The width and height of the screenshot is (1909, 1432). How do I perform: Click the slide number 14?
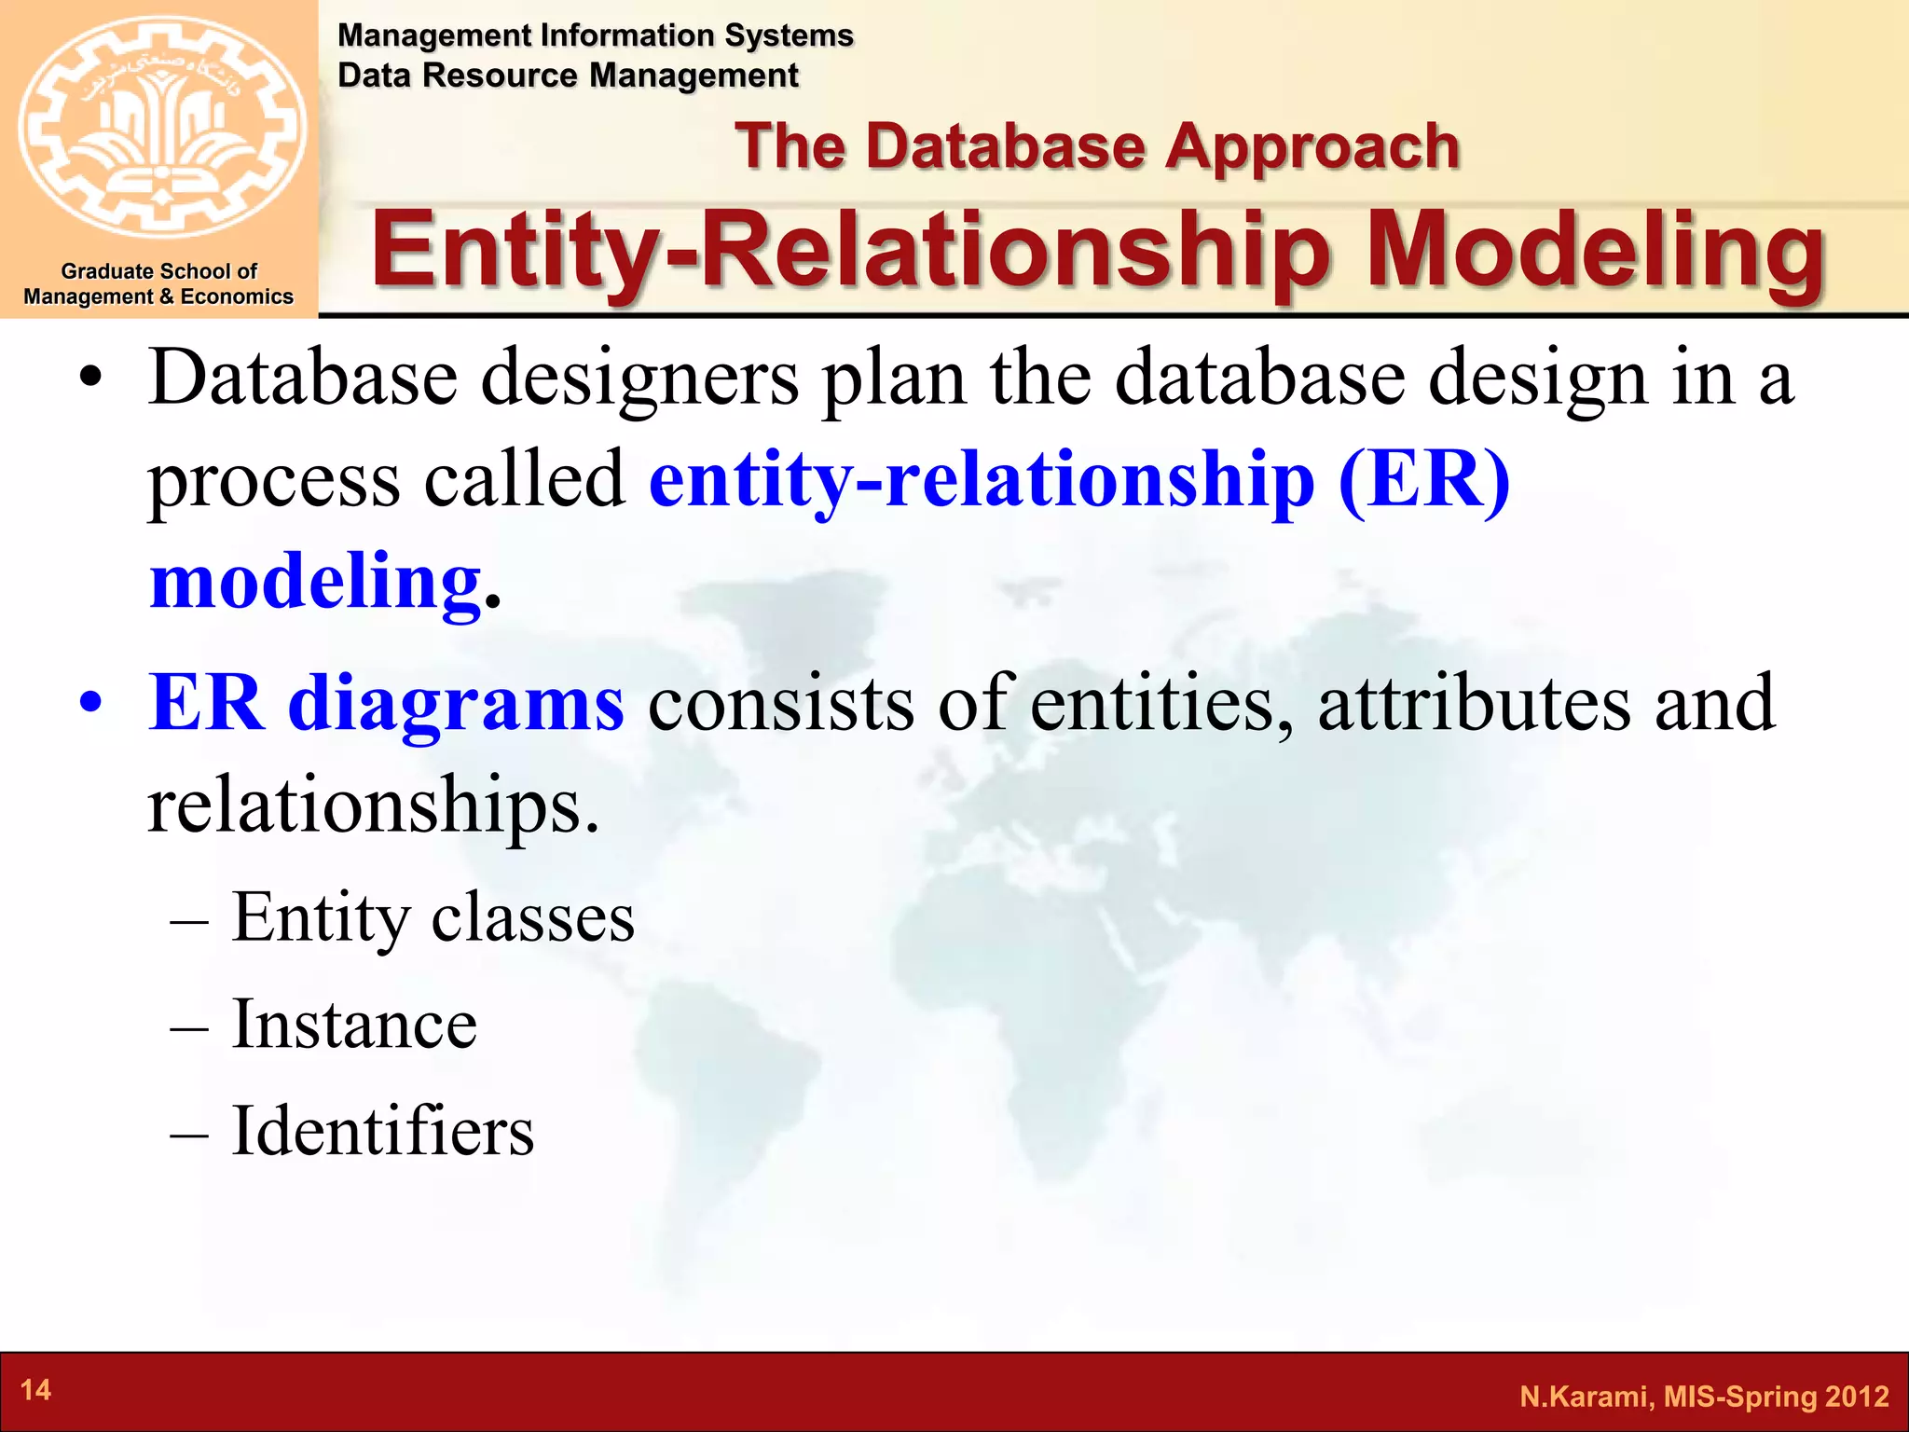[x=35, y=1390]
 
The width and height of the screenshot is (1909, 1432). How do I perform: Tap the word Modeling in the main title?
[x=1594, y=250]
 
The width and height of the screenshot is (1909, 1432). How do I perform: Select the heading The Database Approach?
[x=1096, y=147]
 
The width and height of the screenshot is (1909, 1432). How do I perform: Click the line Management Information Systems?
[x=595, y=35]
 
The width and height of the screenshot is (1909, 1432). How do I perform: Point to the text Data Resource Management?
[x=568, y=76]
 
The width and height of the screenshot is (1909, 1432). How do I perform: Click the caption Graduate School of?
[x=158, y=271]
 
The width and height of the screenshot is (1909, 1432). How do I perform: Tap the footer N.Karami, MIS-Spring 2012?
[x=1704, y=1397]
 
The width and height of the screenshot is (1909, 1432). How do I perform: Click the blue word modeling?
[x=315, y=581]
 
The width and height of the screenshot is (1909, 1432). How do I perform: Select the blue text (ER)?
[x=1422, y=479]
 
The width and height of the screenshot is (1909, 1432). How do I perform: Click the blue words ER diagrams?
[x=386, y=703]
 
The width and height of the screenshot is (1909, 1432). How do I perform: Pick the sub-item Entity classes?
[x=433, y=917]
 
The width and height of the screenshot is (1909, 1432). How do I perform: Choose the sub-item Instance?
[x=354, y=1024]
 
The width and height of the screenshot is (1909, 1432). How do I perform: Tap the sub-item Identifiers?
[x=382, y=1131]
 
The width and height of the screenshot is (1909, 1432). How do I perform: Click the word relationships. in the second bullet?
[x=373, y=805]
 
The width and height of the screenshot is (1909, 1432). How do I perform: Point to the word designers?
[x=639, y=379]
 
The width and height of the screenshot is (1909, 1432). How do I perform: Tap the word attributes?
[x=1474, y=703]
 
